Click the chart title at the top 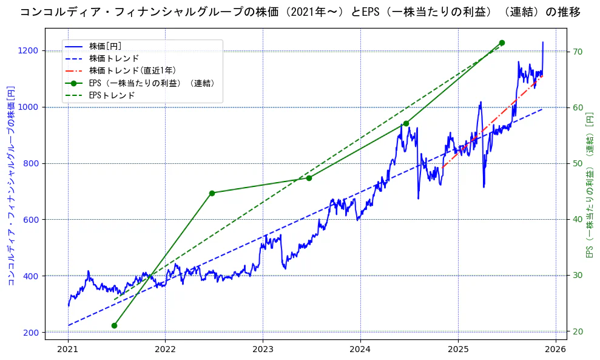pos(300,12)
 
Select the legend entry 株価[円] pos(106,46)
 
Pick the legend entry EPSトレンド pos(112,95)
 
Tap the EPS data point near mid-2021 pos(114,325)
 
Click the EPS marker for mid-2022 pos(212,193)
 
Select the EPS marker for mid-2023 pos(309,178)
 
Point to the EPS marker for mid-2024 pos(406,123)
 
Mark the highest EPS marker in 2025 pos(502,42)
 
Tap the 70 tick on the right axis pos(578,51)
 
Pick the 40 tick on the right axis pos(578,220)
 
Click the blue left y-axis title pos(10,186)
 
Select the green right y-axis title pos(590,186)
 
